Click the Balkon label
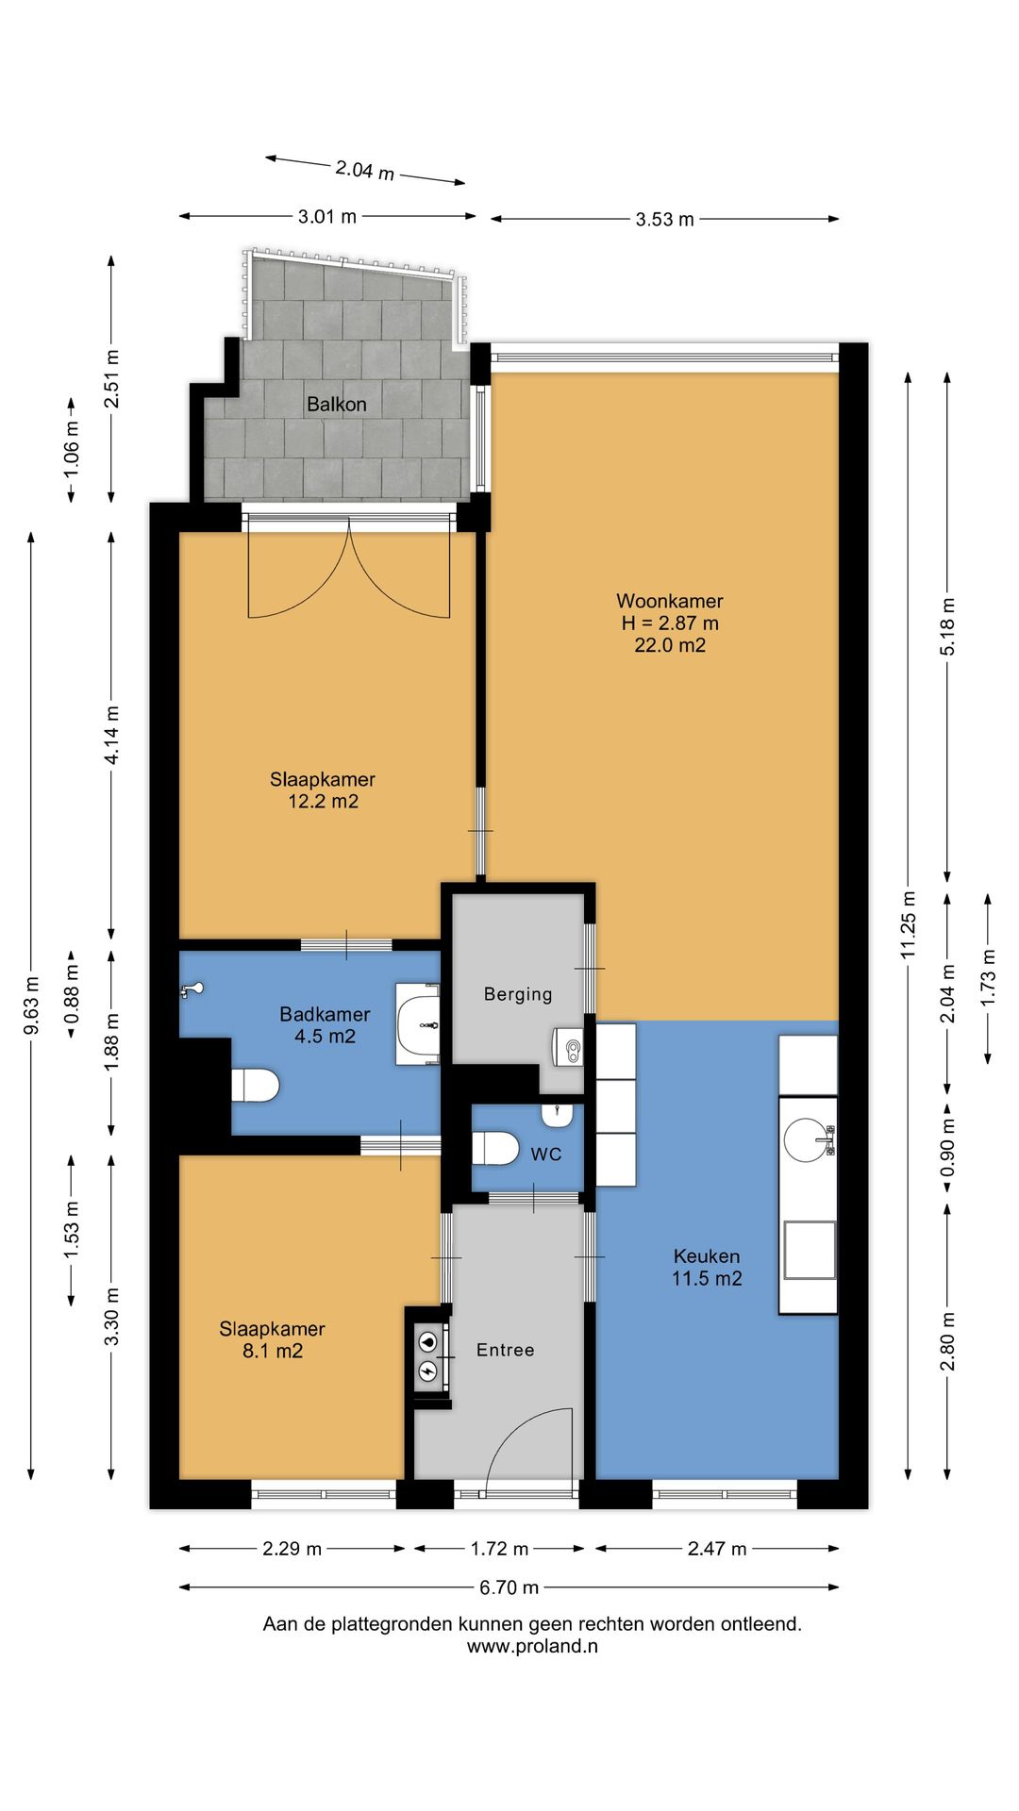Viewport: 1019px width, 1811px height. (x=336, y=405)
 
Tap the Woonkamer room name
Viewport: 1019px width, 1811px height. (x=670, y=601)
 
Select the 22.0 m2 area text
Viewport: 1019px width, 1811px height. (x=670, y=645)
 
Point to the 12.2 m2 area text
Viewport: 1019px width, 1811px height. (x=323, y=802)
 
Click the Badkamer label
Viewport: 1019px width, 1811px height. (x=325, y=1014)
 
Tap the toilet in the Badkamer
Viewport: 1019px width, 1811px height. (x=256, y=1085)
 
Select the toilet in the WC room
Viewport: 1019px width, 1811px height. (x=495, y=1149)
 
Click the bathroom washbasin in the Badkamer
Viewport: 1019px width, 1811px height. (x=418, y=1023)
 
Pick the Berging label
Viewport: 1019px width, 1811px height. (x=518, y=994)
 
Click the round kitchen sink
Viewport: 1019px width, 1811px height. (x=808, y=1138)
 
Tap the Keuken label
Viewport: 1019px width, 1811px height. (x=707, y=1256)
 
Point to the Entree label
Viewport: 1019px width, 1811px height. (x=505, y=1350)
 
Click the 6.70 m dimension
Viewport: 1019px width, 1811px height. (x=509, y=1587)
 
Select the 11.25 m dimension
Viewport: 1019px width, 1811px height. (x=909, y=925)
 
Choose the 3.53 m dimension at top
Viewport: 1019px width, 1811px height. (x=664, y=220)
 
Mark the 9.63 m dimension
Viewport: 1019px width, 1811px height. (x=31, y=1005)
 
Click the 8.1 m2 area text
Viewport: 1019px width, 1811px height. (x=273, y=1351)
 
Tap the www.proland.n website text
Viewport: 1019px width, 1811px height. (x=532, y=1647)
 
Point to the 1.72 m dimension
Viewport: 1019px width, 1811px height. (x=499, y=1549)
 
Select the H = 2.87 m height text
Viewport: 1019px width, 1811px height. (x=670, y=623)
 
